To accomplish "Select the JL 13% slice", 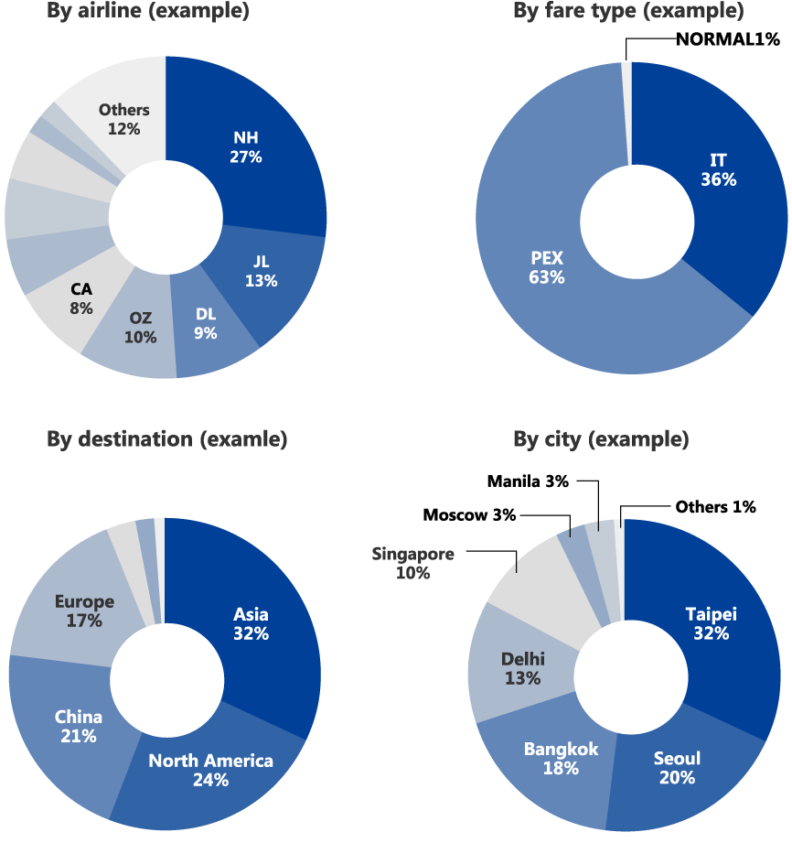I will (x=261, y=273).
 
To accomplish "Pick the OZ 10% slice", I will (x=141, y=328).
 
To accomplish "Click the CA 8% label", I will (x=80, y=299).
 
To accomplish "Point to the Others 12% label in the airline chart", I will (x=123, y=119).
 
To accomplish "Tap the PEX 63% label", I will (x=546, y=267).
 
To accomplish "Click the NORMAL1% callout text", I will (x=727, y=39).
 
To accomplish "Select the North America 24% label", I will (x=210, y=770).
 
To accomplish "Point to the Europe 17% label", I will (x=84, y=611).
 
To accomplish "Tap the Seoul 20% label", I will (x=677, y=768).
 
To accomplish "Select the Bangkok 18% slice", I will (x=561, y=759).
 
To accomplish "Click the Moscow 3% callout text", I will (x=469, y=515).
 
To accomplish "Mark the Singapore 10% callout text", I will (x=412, y=563).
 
